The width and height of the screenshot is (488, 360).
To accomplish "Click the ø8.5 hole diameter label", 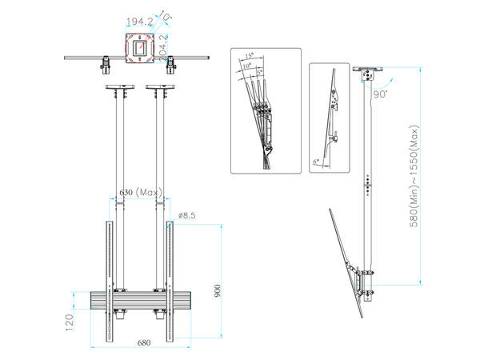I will [187, 215].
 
